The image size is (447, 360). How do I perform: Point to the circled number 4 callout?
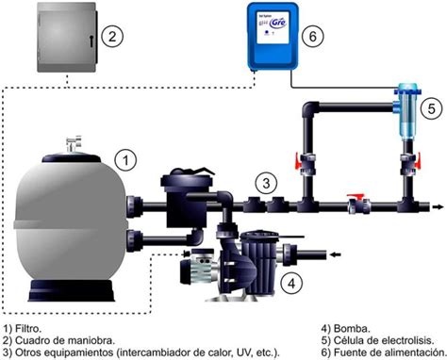(x=294, y=280)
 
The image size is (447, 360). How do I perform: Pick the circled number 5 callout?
(x=428, y=108)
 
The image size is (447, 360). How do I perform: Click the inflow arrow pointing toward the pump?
(x=331, y=253)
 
